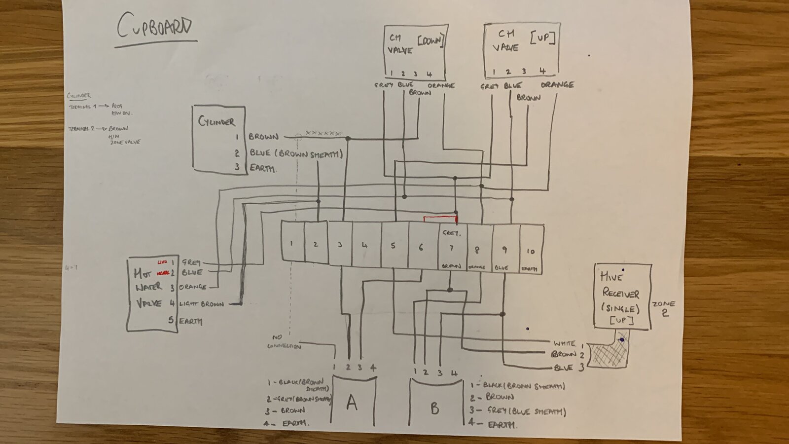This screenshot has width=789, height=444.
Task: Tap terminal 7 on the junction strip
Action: pos(451,248)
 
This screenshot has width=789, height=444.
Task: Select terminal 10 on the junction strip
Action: pos(530,251)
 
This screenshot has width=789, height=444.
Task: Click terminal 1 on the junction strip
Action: pos(291,243)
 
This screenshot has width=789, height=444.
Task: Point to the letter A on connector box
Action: pos(352,403)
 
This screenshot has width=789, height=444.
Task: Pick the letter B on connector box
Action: pos(434,408)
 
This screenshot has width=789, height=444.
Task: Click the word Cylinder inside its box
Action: pos(216,121)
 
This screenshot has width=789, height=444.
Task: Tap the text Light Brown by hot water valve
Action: pos(202,304)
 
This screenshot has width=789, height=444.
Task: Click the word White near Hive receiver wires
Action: pos(564,343)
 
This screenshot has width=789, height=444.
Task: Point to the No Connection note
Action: pos(284,342)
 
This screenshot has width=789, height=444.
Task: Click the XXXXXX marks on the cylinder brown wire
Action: pos(323,133)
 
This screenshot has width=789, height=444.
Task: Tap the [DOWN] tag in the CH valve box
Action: pos(430,41)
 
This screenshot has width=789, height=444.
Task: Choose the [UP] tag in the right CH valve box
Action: pos(542,37)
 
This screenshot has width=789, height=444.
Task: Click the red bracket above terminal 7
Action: pos(440,218)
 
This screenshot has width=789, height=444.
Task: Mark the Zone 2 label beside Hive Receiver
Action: pos(664,308)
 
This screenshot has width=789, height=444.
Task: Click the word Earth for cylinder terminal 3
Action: pos(262,168)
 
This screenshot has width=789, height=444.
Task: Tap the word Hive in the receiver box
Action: pos(611,277)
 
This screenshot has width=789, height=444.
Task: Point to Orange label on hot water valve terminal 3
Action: pos(193,287)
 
